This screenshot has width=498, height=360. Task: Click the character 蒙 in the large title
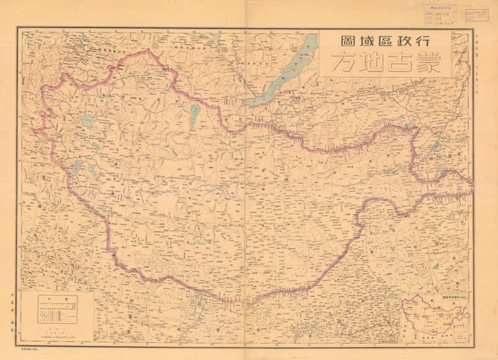(426, 63)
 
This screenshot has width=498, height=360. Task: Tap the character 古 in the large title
(395, 63)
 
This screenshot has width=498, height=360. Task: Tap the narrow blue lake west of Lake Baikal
(195, 115)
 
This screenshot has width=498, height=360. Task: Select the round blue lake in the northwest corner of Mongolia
(85, 119)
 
